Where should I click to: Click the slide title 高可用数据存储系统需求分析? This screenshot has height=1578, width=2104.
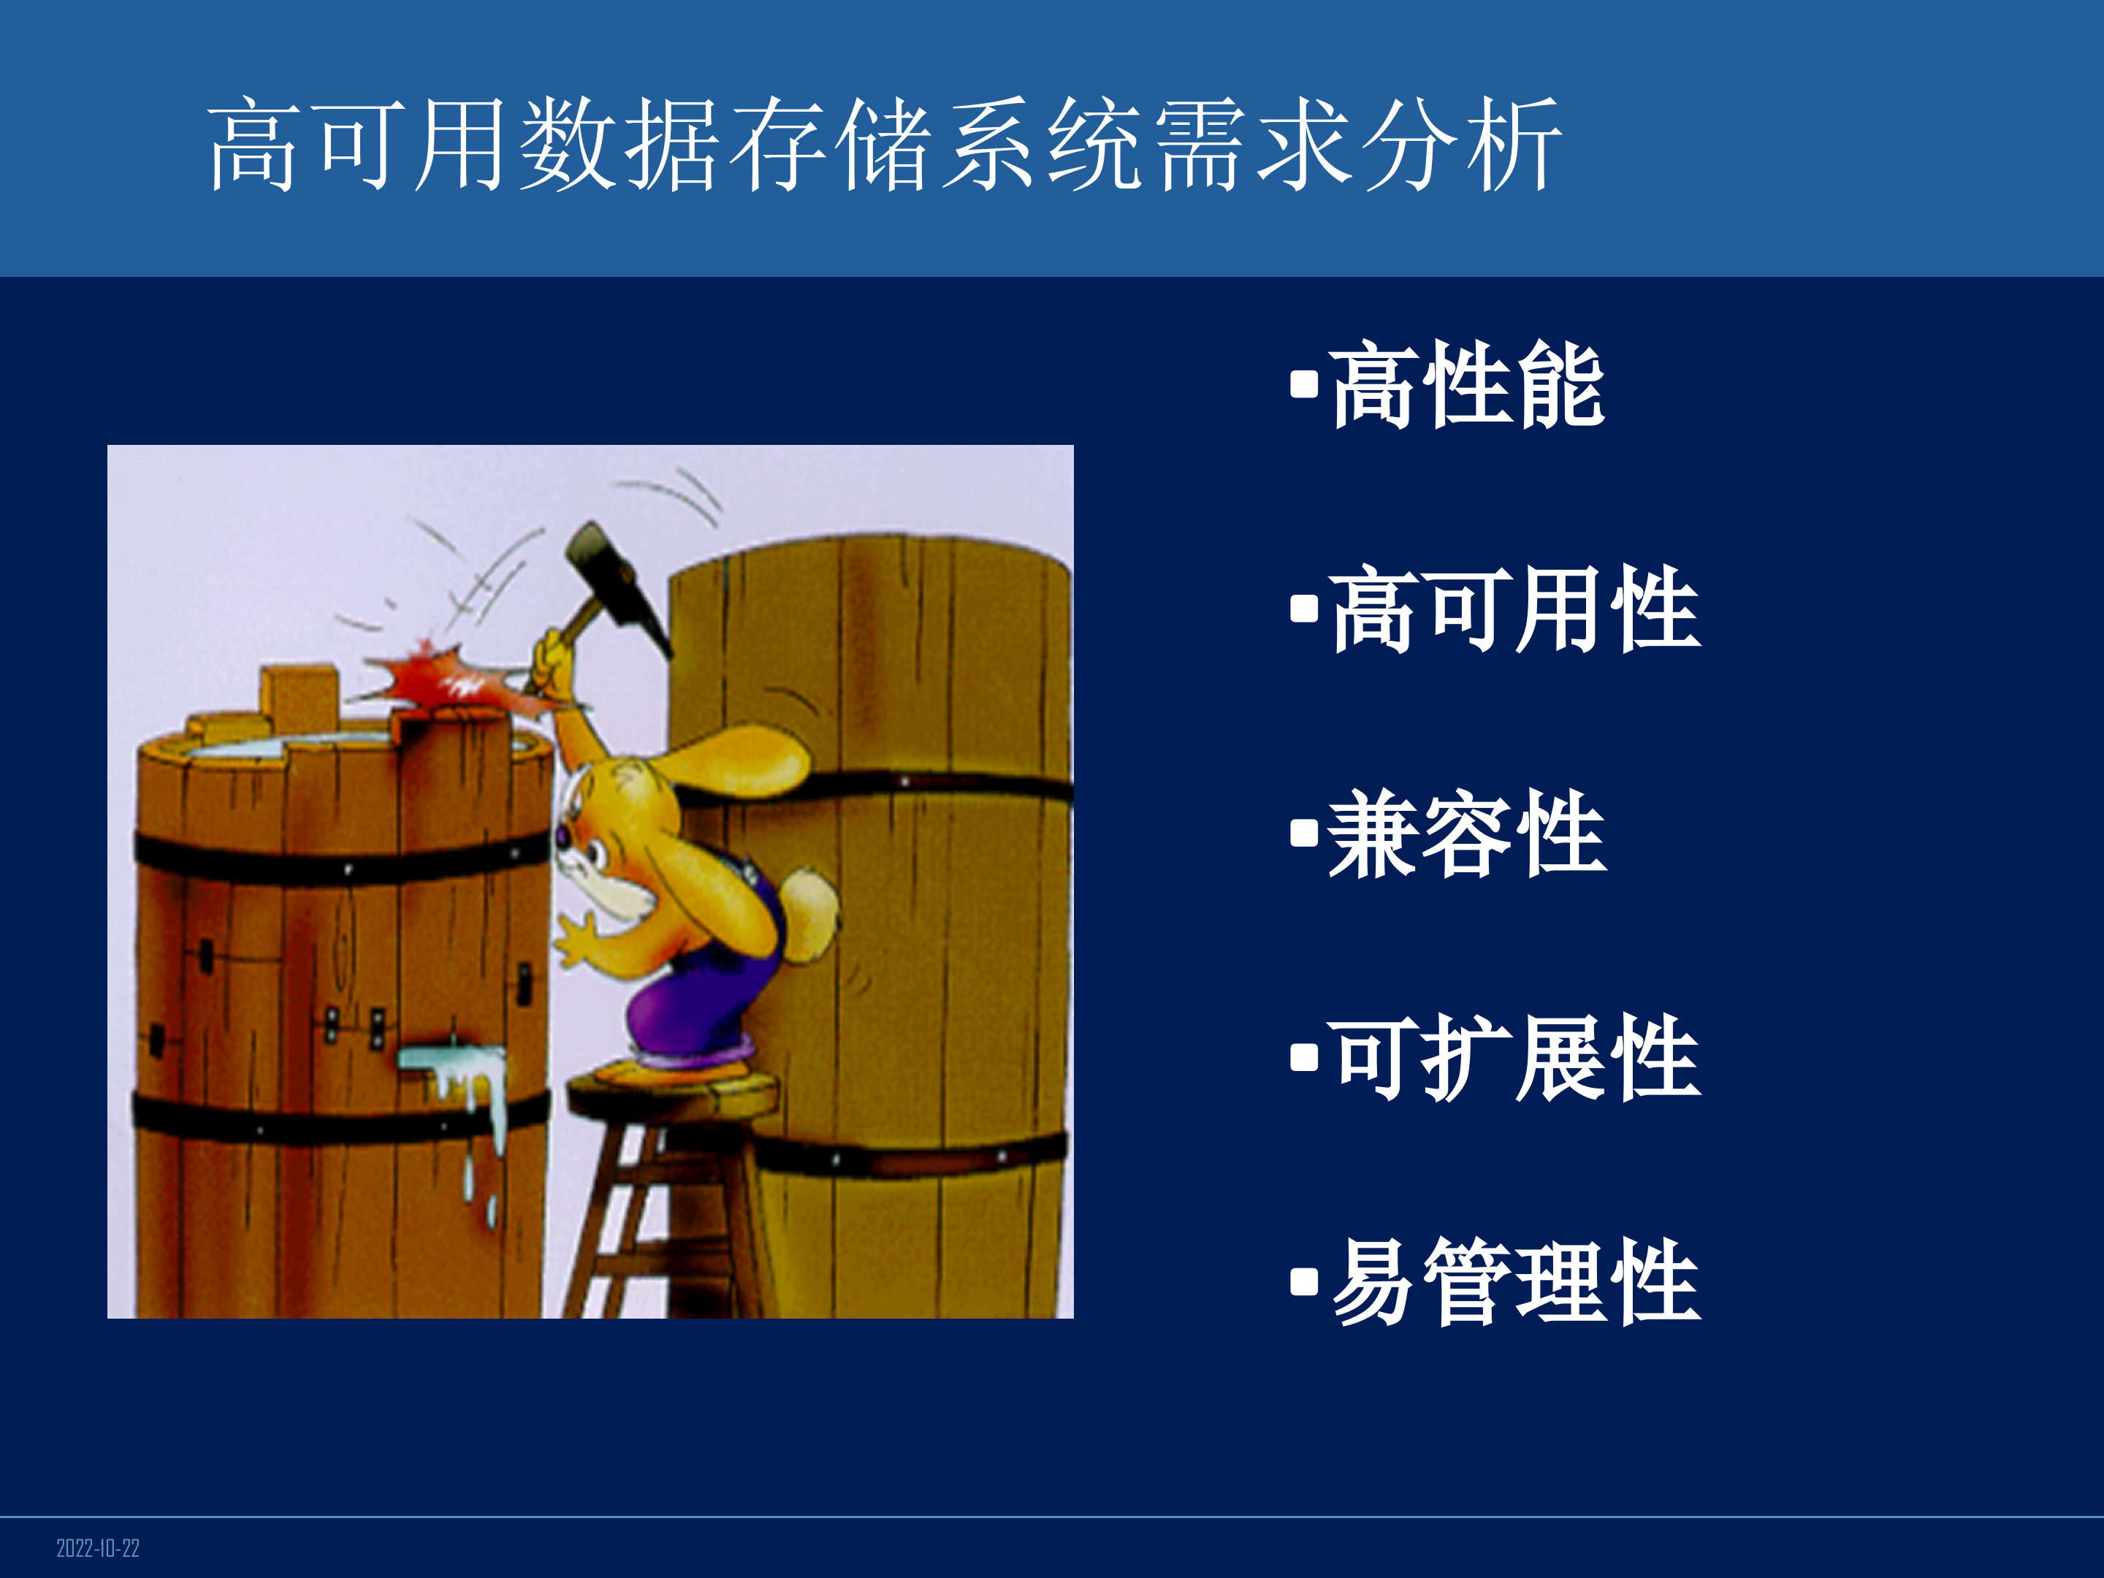click(885, 145)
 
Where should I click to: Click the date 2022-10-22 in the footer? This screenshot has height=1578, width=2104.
click(98, 1547)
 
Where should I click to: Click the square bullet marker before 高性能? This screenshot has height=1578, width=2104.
click(1304, 385)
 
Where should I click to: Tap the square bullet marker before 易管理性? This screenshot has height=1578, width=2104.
click(1304, 1282)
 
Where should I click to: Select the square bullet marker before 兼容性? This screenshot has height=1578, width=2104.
click(1304, 834)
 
